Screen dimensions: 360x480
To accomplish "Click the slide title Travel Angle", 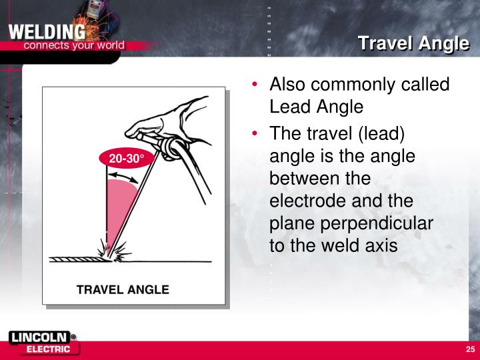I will click(x=413, y=44).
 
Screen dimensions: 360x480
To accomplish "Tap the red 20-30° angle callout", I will click(x=127, y=158).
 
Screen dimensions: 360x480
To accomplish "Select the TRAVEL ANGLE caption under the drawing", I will click(x=123, y=289).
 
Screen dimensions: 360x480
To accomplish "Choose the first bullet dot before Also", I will click(x=256, y=86).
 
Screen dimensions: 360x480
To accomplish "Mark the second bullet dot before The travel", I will click(x=256, y=133).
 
